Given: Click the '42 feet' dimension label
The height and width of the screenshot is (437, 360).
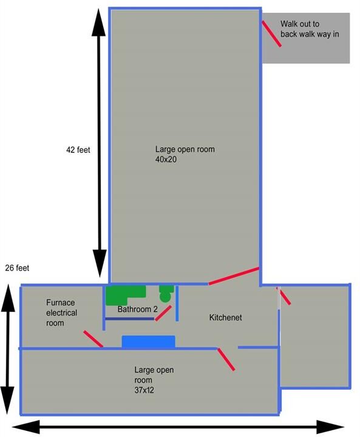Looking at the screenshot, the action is click(x=78, y=150).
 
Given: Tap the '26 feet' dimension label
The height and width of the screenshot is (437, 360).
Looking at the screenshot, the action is click(x=17, y=268).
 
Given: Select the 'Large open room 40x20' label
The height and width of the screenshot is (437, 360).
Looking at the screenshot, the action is click(x=185, y=154).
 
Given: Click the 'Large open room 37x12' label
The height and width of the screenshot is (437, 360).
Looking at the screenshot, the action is click(x=154, y=380).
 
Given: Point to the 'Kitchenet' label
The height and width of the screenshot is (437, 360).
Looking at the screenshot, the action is click(x=226, y=317).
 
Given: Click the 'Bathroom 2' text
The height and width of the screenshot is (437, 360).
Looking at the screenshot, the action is click(x=137, y=309).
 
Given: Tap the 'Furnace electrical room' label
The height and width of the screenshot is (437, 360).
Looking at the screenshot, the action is click(x=62, y=313).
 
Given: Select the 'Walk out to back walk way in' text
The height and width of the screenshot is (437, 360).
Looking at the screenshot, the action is click(x=310, y=29).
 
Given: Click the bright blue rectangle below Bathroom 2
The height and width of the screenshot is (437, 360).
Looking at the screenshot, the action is click(x=148, y=342).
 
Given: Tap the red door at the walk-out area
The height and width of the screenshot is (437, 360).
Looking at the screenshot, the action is click(x=271, y=33).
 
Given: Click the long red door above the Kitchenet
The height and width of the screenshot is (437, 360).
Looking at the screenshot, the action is click(x=234, y=276).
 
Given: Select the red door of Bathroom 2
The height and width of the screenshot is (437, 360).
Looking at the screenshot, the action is click(x=163, y=313).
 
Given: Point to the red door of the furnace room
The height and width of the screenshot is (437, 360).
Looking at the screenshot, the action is click(x=93, y=339).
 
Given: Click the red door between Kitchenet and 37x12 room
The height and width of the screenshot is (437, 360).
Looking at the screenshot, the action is click(x=226, y=359).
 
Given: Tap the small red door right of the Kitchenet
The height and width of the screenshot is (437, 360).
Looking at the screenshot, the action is click(x=284, y=296).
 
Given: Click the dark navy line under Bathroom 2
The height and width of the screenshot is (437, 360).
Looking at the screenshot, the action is click(x=129, y=319).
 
